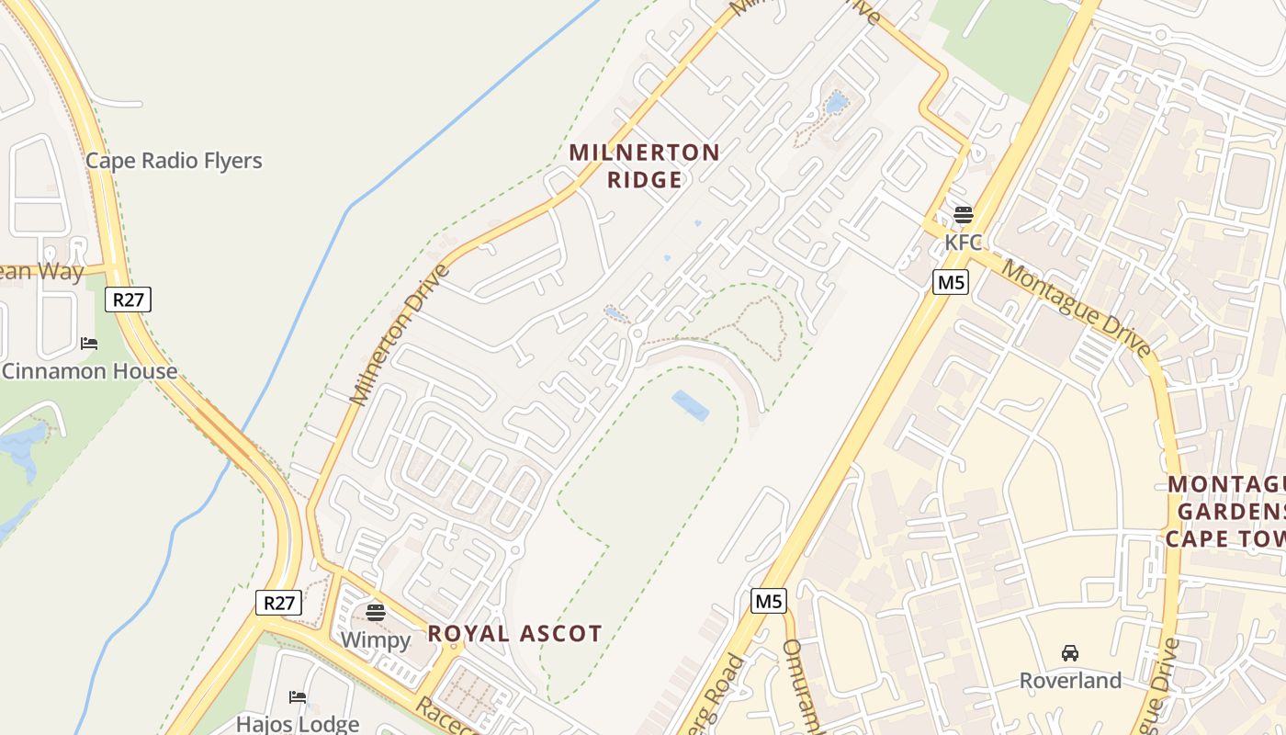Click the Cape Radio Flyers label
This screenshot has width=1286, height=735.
174,161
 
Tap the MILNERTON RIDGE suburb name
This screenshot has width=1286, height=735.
645,165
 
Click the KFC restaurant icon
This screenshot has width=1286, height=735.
963,215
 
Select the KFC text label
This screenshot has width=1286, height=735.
963,243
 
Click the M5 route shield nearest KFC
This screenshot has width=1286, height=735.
951,282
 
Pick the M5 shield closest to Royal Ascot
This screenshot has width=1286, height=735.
768,602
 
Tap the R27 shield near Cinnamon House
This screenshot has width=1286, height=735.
128,300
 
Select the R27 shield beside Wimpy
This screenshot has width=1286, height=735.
278,603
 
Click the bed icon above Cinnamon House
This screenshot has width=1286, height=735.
89,344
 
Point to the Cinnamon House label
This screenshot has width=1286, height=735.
90,371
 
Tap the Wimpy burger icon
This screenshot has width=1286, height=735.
376,612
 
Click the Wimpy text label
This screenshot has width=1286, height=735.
376,639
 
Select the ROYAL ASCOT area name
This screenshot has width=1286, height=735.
514,633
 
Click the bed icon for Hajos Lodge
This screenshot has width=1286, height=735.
298,696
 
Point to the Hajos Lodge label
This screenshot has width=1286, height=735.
298,724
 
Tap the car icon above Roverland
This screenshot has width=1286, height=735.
1070,653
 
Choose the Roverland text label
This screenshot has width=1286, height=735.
1070,681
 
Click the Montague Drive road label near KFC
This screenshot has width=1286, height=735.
1076,308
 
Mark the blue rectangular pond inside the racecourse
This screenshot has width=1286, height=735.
691,405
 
